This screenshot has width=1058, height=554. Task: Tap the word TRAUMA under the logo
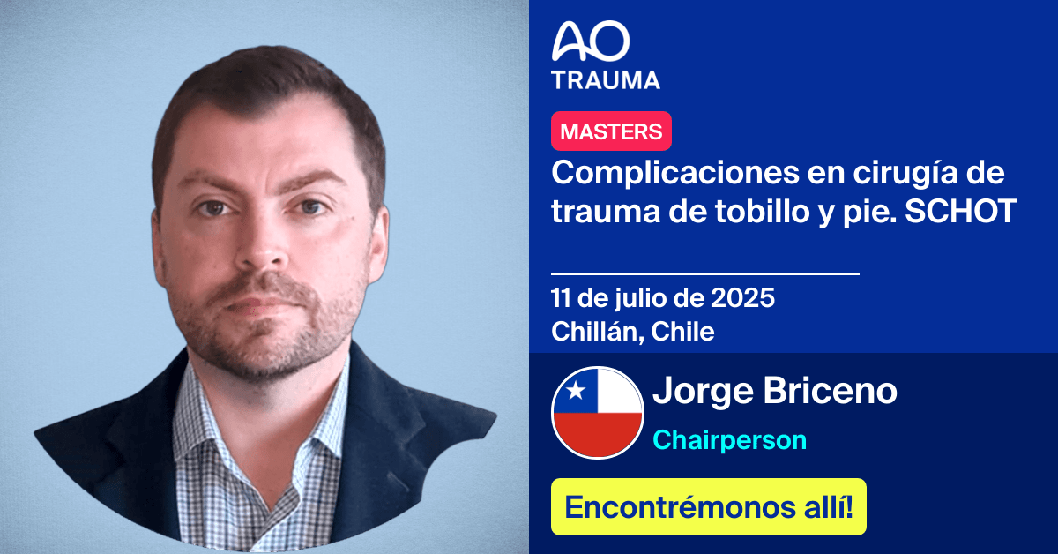606,80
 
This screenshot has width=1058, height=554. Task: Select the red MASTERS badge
611,131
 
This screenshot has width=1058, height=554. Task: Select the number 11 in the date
562,298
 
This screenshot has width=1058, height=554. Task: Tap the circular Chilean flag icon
597,413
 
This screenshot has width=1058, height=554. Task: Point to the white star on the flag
575,390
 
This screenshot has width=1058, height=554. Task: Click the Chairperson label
729,439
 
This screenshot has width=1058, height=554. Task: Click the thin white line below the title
704,274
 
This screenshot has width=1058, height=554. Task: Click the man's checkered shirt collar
212,415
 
